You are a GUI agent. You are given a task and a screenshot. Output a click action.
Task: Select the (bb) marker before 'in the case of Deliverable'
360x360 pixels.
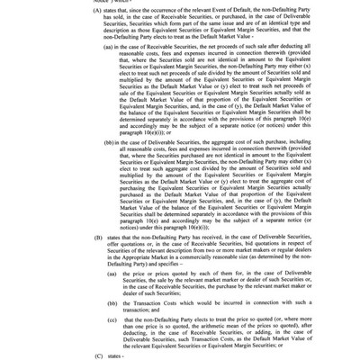tap(110, 141)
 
